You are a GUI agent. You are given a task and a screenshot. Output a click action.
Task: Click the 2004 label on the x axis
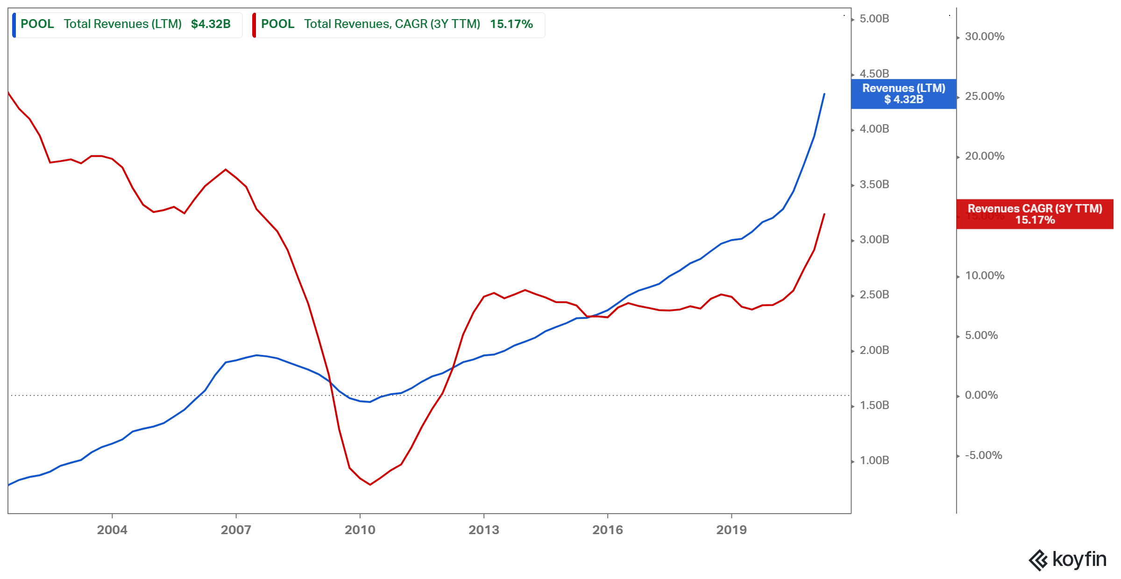[x=112, y=530]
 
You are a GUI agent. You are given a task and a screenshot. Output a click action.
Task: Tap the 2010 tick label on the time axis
[x=360, y=530]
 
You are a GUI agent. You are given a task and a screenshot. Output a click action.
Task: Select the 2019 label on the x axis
[x=731, y=530]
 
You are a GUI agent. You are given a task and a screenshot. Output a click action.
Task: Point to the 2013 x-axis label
[x=483, y=530]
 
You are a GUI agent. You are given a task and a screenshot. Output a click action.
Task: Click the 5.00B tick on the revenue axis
[x=874, y=19]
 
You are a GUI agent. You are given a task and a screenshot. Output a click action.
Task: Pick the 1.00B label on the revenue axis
[x=874, y=460]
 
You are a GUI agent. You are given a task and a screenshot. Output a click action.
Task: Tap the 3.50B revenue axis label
[x=874, y=184]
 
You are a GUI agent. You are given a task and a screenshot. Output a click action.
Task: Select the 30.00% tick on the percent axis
[x=984, y=36]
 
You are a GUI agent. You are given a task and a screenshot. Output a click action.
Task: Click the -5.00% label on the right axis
[x=983, y=455]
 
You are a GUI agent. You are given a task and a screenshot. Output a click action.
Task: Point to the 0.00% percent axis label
[x=981, y=395]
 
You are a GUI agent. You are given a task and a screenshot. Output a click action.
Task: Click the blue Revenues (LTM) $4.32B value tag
[x=903, y=94]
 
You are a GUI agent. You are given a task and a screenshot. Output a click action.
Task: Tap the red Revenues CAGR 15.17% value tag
[x=1035, y=214]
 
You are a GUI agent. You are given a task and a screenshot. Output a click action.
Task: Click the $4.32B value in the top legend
[x=211, y=24]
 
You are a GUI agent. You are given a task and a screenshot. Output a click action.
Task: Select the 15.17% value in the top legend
[x=511, y=24]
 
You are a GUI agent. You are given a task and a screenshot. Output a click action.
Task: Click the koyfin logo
[x=1067, y=559]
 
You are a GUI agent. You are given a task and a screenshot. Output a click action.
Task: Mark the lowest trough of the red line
[x=370, y=485]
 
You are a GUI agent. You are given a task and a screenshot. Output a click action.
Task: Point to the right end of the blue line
[x=824, y=94]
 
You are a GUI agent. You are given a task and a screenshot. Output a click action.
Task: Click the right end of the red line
[x=824, y=214]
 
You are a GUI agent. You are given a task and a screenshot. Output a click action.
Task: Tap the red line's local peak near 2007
[x=226, y=169]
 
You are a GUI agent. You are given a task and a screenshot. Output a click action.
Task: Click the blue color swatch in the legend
[x=14, y=25]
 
